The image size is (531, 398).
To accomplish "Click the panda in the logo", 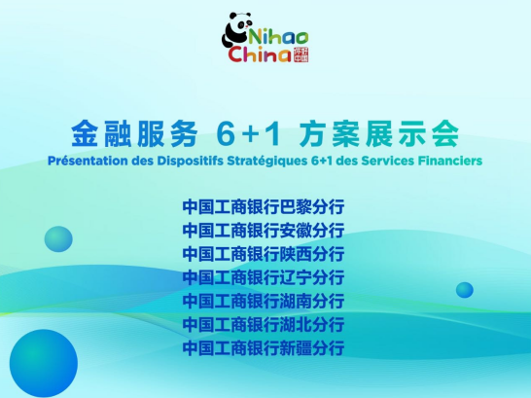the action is coord(236,30).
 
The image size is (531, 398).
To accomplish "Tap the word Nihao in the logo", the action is coord(278,37).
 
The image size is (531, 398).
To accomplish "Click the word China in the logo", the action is coord(260,54).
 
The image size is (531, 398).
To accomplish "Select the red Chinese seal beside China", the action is coord(301,54).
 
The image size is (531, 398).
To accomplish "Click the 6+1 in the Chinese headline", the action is coord(249,134).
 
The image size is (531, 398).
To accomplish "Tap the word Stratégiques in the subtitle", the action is coord(267,161).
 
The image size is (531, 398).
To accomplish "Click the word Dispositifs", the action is coord(190,161).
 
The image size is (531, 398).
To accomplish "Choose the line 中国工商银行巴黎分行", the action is coord(264,207).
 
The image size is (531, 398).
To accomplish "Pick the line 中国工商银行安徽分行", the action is coord(264,231).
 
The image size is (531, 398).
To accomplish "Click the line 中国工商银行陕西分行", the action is coord(264,254).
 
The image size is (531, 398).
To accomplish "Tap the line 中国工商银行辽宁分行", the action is coord(264,277).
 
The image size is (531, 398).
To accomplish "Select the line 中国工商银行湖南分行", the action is coord(264,301).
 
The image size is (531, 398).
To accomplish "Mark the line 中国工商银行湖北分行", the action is coord(264,324).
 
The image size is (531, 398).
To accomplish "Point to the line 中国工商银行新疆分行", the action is coord(264,347).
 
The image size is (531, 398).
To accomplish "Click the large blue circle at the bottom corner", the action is coord(44,363).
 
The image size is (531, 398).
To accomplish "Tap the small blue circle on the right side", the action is coord(465,290).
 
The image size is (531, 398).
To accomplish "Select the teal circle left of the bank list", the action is coord(58,239).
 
